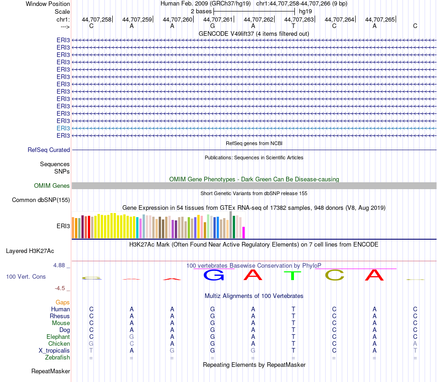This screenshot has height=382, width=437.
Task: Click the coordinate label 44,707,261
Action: point(218,19)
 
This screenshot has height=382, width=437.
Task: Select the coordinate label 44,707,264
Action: point(339,19)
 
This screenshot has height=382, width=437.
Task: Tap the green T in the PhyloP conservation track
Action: point(292,275)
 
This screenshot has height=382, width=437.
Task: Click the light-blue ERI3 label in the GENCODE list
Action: point(63,128)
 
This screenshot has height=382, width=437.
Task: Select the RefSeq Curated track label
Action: point(49,150)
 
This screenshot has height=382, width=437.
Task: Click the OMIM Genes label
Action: point(52,185)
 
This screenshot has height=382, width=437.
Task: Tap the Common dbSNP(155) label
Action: point(41,200)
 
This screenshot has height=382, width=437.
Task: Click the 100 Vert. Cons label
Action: point(26,277)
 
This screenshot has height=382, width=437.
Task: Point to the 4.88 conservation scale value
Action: point(60,265)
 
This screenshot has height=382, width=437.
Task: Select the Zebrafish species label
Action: point(57,357)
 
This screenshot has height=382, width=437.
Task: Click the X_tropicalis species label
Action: point(54,350)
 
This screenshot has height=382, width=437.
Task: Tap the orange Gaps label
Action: point(63,302)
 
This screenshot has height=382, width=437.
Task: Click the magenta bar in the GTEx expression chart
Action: point(244,232)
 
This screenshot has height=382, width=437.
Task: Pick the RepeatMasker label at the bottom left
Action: point(51,371)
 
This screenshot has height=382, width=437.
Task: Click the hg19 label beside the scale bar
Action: point(306,11)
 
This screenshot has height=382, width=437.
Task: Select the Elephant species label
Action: point(58,337)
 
